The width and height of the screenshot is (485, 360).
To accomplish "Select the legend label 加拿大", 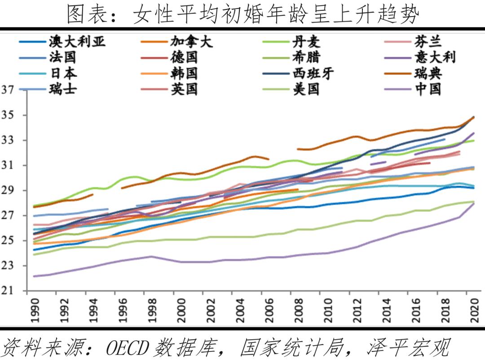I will pos(191,42).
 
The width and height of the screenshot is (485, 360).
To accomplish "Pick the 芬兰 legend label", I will pos(428,42).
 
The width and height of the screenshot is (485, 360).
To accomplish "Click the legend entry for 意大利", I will pos(434,58).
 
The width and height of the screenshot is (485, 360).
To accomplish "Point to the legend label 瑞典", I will pos(428,73).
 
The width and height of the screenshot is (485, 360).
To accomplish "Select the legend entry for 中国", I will pos(428,89).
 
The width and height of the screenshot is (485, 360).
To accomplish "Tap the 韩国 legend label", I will pos(184,73).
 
